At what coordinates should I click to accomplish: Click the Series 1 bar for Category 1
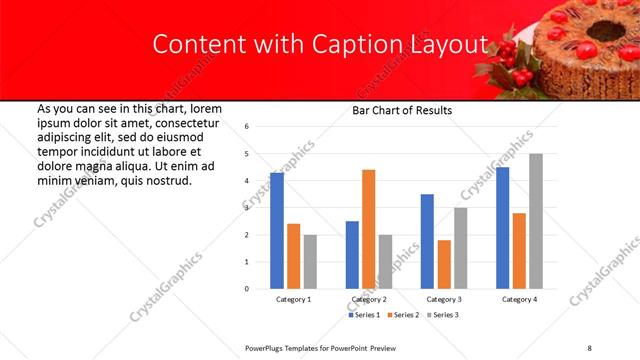pyautogui.click(x=277, y=230)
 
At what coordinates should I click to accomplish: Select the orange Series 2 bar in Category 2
pyautogui.click(x=368, y=229)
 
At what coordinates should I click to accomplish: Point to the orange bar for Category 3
pyautogui.click(x=444, y=264)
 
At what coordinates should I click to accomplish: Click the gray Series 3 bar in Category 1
pyautogui.click(x=310, y=262)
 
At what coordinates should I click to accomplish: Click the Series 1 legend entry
pyautogui.click(x=364, y=316)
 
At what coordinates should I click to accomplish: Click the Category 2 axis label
pyautogui.click(x=368, y=300)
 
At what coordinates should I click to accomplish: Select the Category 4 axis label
pyautogui.click(x=518, y=300)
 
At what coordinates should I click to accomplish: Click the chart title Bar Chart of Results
pyautogui.click(x=402, y=111)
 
